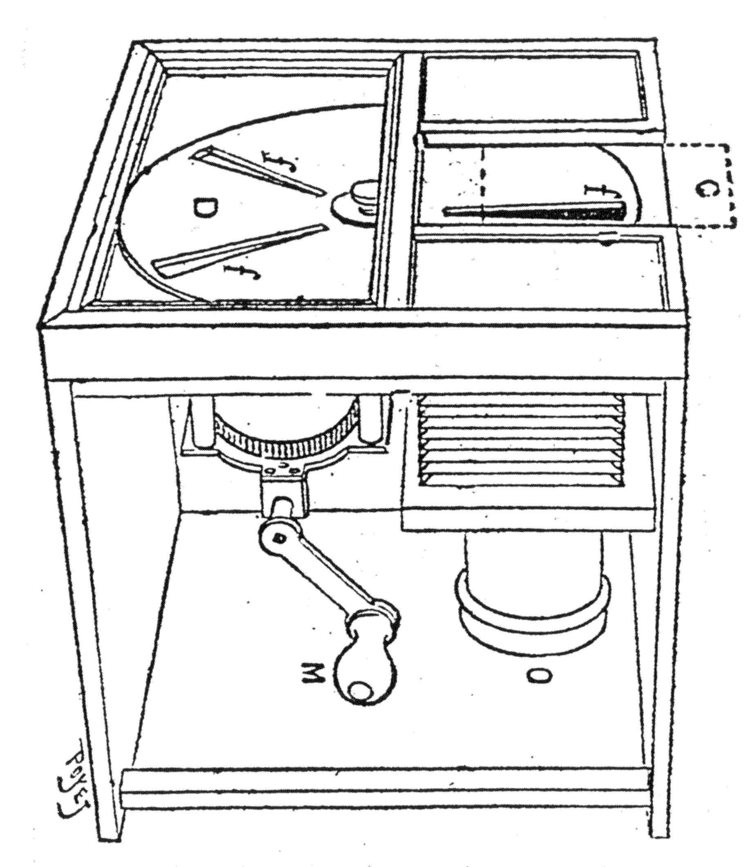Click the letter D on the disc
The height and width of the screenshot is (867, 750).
tap(204, 208)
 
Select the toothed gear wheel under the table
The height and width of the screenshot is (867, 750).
tap(285, 444)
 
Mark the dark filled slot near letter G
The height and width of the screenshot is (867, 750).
tap(536, 212)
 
